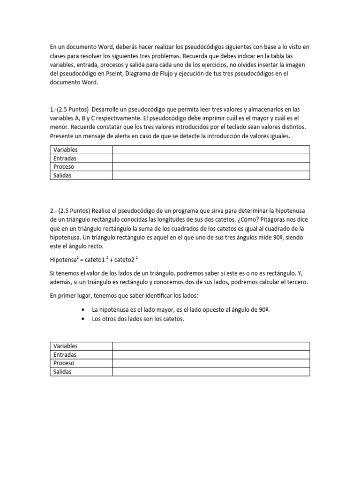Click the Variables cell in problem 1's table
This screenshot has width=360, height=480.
pyautogui.click(x=66, y=150)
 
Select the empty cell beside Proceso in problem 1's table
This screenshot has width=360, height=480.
pyautogui.click(x=211, y=167)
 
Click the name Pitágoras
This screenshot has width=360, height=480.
pyautogui.click(x=293, y=220)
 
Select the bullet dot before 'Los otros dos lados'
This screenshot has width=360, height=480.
pyautogui.click(x=83, y=320)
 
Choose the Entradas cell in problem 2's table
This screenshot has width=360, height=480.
pyautogui.click(x=65, y=354)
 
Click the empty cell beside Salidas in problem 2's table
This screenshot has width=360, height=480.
pyautogui.click(x=211, y=372)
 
